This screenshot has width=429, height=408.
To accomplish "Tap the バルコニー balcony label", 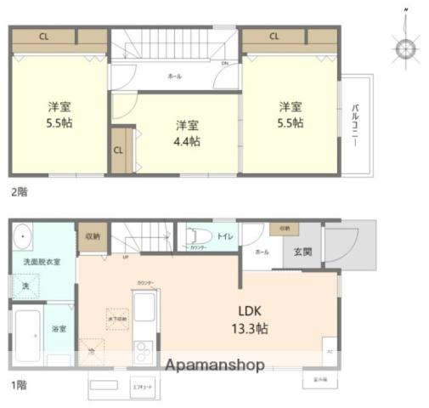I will click(x=354, y=125).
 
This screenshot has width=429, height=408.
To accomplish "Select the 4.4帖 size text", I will click(x=188, y=141).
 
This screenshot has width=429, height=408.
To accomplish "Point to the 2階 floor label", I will click(x=19, y=192).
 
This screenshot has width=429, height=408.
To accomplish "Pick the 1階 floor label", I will click(x=19, y=385).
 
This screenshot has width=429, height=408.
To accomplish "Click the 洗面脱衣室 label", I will click(x=42, y=262).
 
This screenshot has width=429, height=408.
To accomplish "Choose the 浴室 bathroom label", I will click(x=59, y=328).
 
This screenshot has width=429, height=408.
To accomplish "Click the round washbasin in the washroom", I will click(x=22, y=235).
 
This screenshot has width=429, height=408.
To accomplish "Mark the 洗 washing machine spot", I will click(x=25, y=286).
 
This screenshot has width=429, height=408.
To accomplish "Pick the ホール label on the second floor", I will click(x=174, y=76).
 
